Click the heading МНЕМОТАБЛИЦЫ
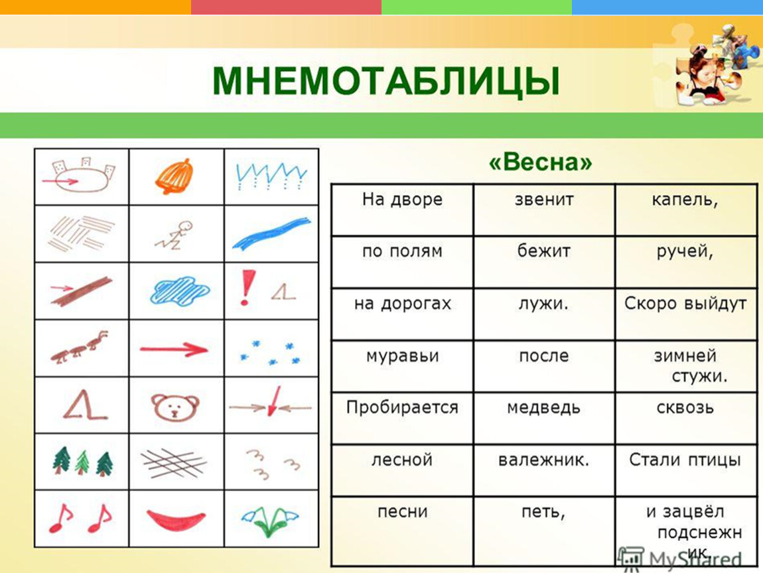tap(386, 81)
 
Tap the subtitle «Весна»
tap(541, 162)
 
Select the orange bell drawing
tap(174, 176)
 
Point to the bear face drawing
tap(176, 406)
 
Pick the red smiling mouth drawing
tap(176, 519)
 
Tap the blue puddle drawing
tap(180, 290)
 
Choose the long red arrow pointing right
tap(174, 349)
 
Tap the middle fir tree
tap(82, 462)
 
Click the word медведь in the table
tap(543, 407)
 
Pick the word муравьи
tap(403, 357)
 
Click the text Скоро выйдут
tap(685, 304)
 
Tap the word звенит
tap(544, 200)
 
